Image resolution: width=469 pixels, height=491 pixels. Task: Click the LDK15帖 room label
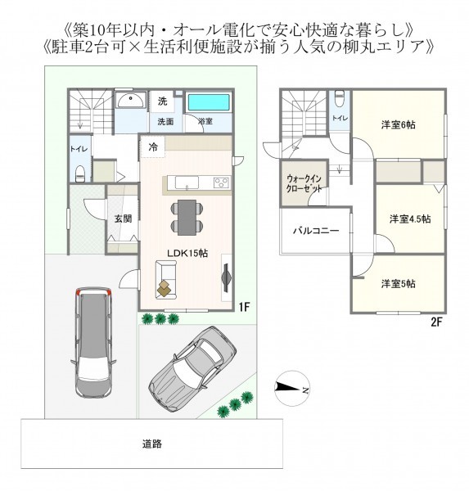(187, 253)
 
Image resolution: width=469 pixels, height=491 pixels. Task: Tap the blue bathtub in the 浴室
(208, 102)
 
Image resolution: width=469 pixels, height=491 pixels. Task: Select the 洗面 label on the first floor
(165, 122)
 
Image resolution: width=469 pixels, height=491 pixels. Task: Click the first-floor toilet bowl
(80, 173)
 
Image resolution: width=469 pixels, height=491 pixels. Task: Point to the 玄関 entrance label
(123, 218)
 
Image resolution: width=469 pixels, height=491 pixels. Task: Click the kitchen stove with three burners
(222, 182)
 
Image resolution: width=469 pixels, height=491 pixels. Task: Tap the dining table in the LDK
(187, 218)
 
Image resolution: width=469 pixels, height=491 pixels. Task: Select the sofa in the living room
(166, 280)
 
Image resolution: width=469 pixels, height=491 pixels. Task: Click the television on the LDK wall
(226, 277)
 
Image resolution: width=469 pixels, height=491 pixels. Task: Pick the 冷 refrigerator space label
(154, 147)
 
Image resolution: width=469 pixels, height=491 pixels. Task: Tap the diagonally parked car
(192, 369)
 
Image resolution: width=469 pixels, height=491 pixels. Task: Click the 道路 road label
(152, 444)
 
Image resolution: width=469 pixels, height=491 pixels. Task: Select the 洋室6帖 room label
(398, 125)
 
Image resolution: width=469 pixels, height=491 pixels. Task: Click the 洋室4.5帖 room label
(410, 218)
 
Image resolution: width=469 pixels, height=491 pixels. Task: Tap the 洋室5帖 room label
(398, 284)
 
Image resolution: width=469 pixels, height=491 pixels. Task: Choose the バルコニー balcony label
(316, 231)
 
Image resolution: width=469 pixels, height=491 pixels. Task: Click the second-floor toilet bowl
(339, 98)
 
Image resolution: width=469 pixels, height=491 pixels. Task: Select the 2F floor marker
(436, 322)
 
